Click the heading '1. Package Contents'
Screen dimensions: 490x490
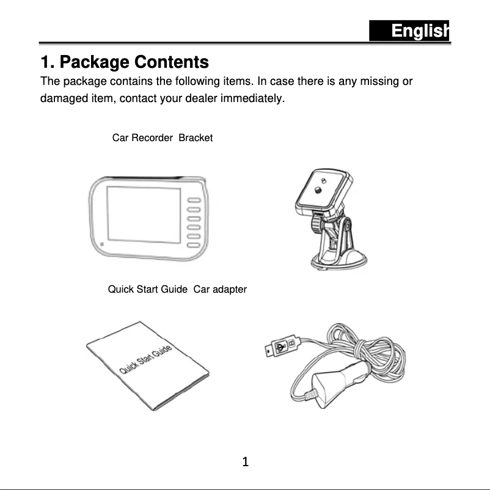pos(125,62)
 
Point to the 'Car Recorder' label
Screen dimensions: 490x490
pos(142,138)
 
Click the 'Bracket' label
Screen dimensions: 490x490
pos(196,138)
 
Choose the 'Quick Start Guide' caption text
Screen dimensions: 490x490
pos(148,289)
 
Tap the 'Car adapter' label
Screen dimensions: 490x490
pos(220,289)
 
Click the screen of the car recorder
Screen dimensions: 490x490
pos(144,214)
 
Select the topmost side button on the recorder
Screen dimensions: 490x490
pos(194,201)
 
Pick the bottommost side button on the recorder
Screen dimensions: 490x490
pos(194,245)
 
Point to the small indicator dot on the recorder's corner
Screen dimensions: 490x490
pos(102,245)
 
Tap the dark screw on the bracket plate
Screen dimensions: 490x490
pos(318,190)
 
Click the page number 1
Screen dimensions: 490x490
pos(245,463)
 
